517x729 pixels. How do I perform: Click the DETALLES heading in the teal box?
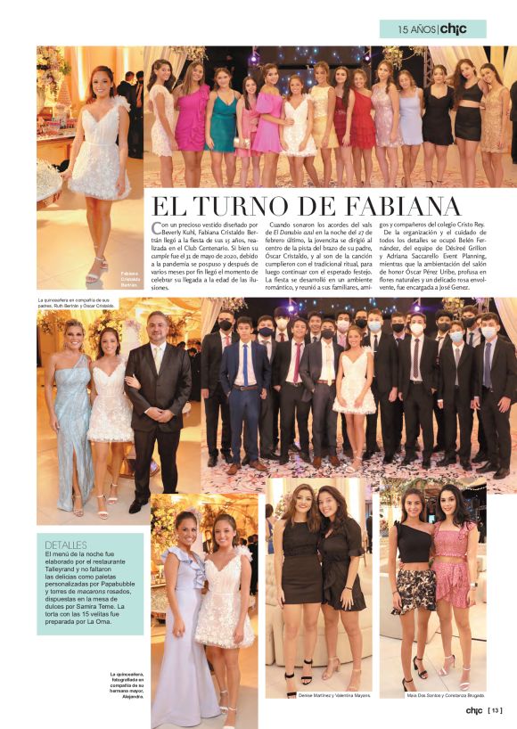coord(66,544)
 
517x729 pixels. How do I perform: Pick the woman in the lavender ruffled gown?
coord(182,615)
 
